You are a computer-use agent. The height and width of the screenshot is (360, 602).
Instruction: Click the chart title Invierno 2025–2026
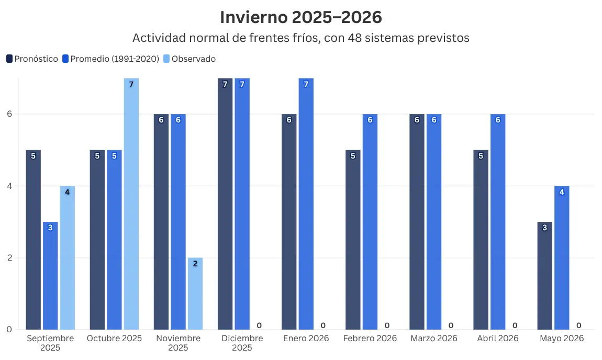300,17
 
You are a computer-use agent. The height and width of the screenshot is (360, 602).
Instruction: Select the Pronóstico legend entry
32,59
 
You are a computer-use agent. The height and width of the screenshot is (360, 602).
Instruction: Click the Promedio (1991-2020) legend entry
110,59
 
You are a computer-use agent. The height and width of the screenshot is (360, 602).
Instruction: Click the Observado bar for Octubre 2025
131,204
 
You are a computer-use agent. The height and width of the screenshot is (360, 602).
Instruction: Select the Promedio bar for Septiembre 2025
50,276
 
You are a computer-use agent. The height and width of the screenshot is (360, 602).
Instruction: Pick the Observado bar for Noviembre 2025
195,294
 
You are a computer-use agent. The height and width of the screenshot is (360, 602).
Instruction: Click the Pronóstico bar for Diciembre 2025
225,204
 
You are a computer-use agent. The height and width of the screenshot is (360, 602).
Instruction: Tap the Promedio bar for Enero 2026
306,204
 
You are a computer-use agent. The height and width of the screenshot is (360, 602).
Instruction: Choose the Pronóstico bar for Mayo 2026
544,276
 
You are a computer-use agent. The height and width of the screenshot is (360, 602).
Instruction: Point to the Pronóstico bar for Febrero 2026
353,240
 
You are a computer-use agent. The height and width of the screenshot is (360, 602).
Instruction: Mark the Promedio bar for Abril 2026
498,222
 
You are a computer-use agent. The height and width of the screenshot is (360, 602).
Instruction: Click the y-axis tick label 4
9,186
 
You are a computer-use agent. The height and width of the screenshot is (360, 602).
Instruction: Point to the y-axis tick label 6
9,114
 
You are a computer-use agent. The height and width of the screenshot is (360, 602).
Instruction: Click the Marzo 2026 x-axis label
433,339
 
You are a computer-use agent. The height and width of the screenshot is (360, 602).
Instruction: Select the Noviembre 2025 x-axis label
178,343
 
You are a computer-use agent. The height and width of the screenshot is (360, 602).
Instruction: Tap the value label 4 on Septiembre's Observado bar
67,192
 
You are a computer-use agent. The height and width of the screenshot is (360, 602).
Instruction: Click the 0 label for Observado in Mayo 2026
578,325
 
